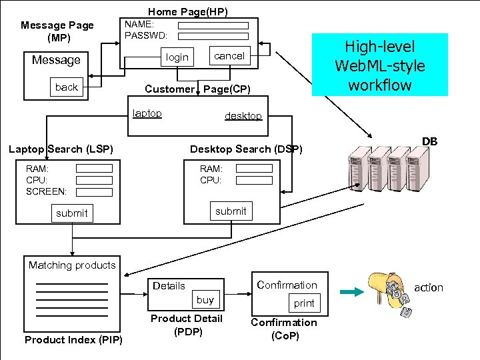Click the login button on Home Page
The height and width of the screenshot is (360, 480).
click(x=177, y=57)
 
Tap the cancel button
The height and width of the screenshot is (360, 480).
click(x=229, y=56)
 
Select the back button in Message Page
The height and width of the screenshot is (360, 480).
click(x=67, y=87)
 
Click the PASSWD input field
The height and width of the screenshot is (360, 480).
click(x=213, y=36)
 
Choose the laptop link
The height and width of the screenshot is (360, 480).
click(x=147, y=113)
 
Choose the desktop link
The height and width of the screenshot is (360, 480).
click(x=243, y=116)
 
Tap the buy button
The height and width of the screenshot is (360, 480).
click(x=205, y=300)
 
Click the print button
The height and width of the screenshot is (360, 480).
click(x=304, y=303)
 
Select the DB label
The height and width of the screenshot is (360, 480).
click(x=429, y=141)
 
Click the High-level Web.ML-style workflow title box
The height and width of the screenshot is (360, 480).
click(x=379, y=65)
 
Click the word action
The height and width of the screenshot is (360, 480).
click(x=428, y=287)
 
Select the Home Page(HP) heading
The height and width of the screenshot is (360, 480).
click(x=187, y=11)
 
